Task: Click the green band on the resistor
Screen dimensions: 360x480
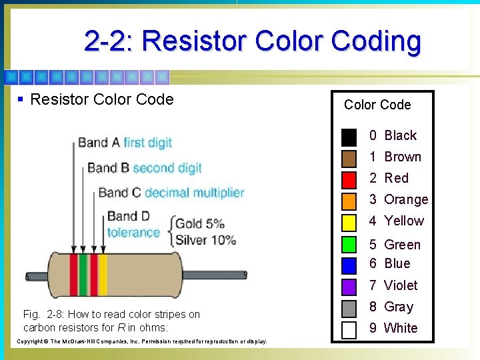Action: [x=84, y=274]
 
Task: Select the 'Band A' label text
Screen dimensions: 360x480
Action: [x=99, y=142]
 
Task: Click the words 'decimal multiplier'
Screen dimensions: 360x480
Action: [x=195, y=193]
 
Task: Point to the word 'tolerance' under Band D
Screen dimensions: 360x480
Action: [x=133, y=233]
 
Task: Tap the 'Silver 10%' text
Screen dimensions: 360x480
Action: [x=206, y=239]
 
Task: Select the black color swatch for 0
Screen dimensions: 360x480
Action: [x=349, y=137]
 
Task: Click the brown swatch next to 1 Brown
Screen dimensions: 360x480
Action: [x=349, y=158]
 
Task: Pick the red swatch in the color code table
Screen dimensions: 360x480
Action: [x=349, y=179]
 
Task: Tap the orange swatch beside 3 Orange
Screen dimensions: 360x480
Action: [x=349, y=201]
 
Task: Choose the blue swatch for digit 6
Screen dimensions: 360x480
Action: [x=349, y=265]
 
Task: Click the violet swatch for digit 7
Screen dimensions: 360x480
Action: [x=349, y=287]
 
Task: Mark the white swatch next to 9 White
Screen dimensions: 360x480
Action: [x=349, y=329]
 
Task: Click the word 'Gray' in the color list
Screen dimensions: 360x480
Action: [x=399, y=307]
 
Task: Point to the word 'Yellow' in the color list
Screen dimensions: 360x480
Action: [x=404, y=221]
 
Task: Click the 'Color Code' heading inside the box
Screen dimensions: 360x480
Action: [x=377, y=105]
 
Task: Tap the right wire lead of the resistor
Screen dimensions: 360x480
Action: [x=220, y=276]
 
